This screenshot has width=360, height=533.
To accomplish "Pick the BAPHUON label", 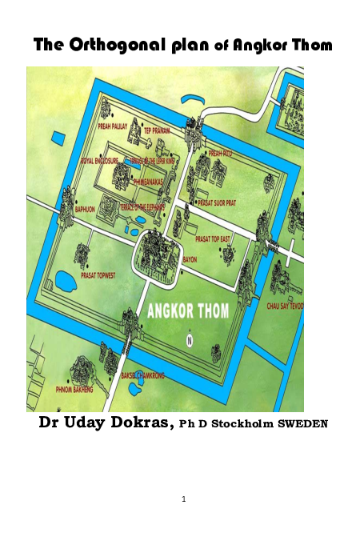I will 85,209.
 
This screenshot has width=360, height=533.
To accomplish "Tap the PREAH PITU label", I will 219,152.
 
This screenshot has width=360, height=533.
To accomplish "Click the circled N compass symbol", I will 190,341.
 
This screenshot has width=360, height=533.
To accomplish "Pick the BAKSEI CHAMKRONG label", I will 143,375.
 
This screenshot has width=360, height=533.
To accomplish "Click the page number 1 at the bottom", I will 183,499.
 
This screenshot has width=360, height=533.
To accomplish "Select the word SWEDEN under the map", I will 302,424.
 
